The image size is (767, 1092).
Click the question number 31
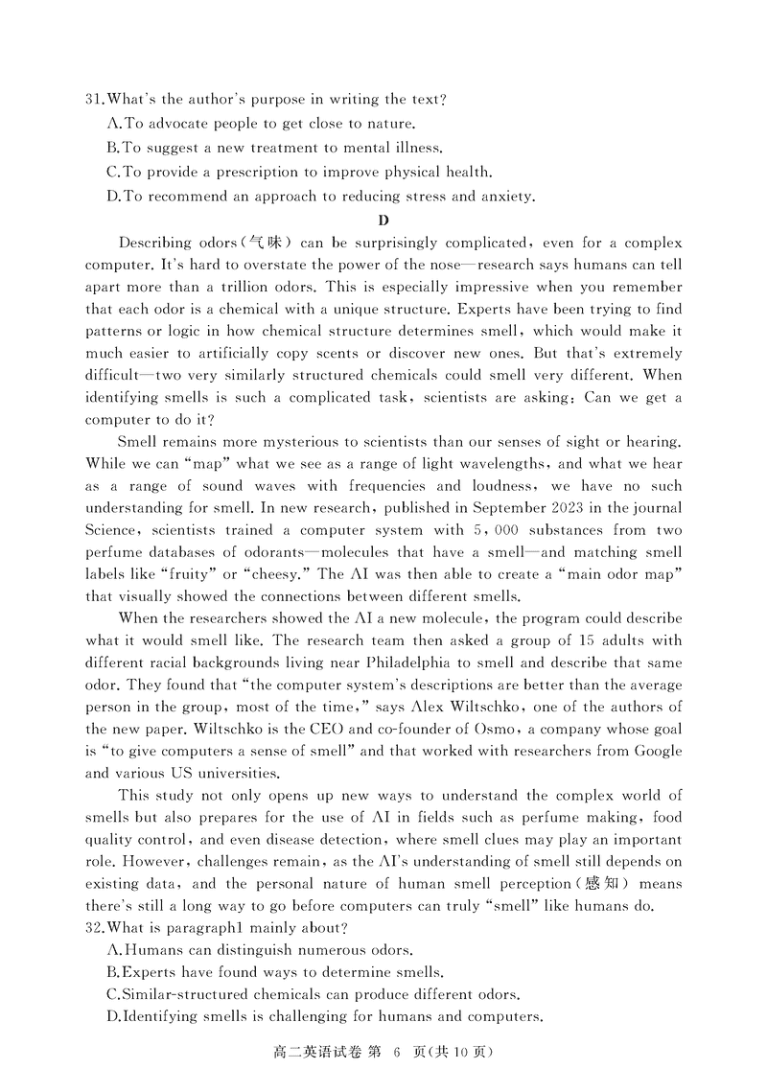pyautogui.click(x=93, y=99)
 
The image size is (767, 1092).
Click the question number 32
pyautogui.click(x=93, y=927)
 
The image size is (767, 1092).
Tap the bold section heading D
pyautogui.click(x=383, y=221)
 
